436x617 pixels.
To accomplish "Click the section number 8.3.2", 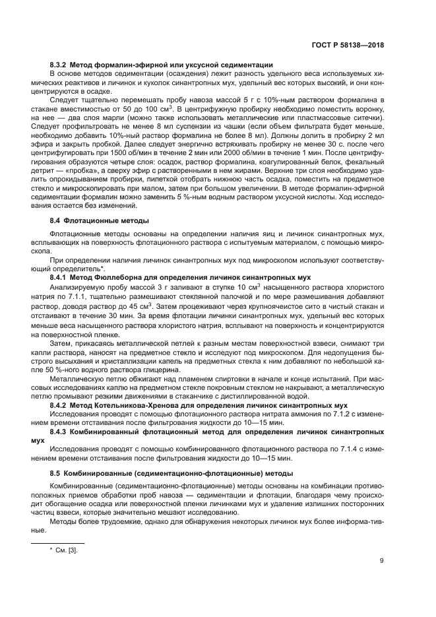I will [x=61, y=64].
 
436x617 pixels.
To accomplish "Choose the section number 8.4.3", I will [x=61, y=430].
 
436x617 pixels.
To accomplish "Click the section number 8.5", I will [x=56, y=473].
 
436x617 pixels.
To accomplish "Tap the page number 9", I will [x=382, y=561].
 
